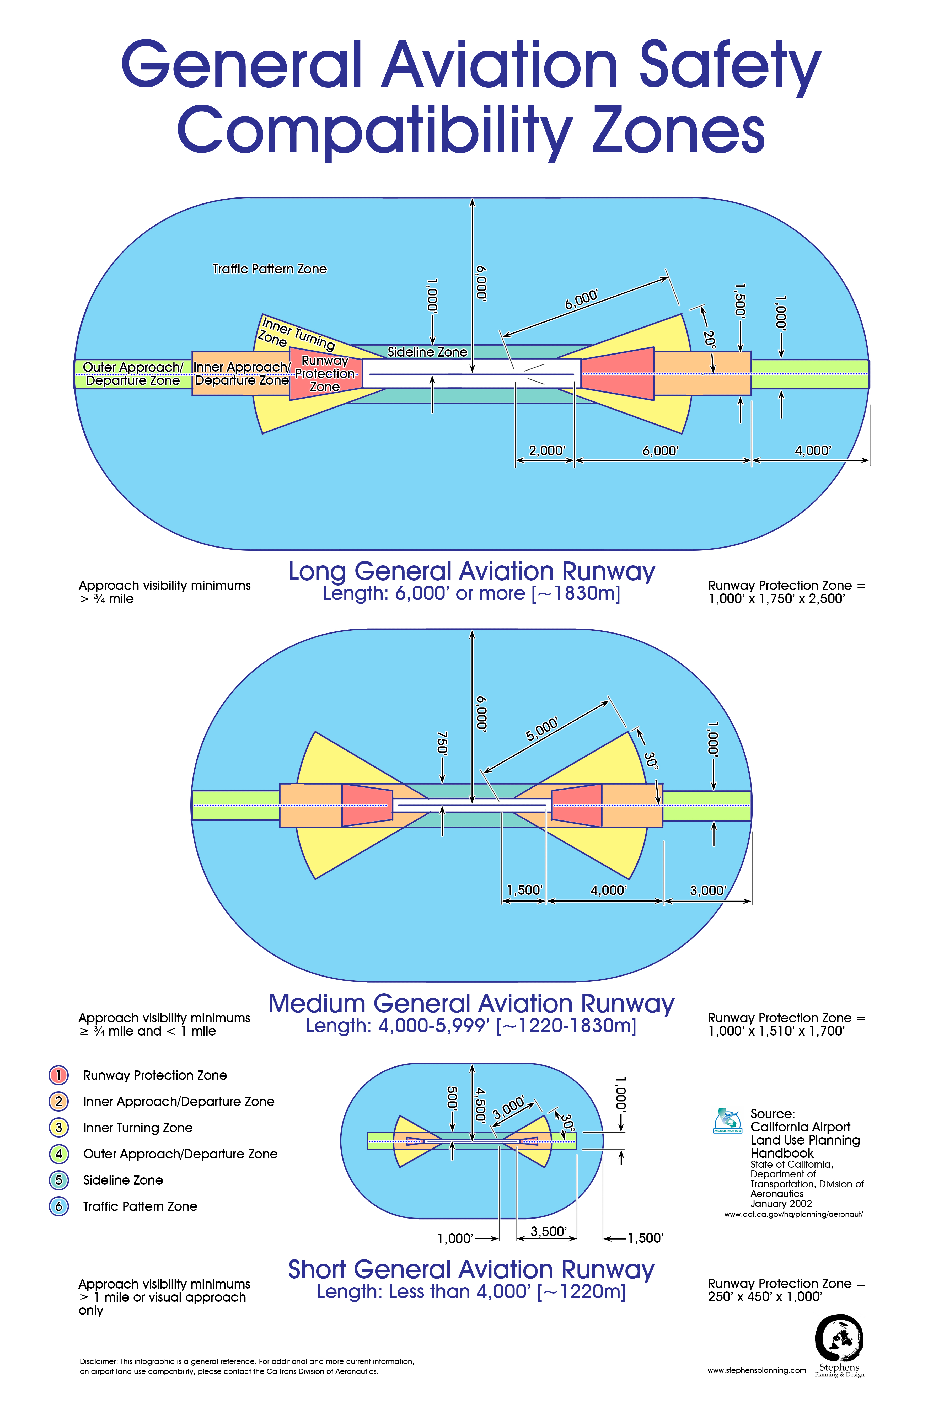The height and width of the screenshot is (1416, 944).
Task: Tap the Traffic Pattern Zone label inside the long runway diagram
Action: pos(270,269)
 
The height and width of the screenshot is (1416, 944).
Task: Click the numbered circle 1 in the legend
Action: pos(58,1075)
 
